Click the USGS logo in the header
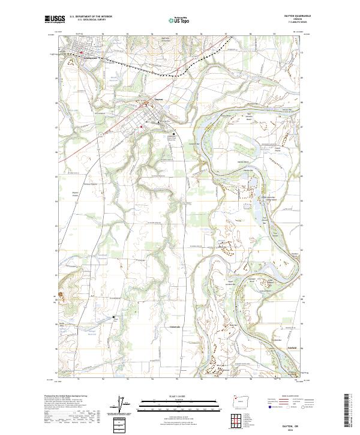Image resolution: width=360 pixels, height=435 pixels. point(55,19)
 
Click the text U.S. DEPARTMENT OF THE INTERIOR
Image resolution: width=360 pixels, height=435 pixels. point(91,16)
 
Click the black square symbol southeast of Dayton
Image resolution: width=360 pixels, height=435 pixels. point(175,134)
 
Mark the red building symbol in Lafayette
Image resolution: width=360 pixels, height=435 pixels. point(81,52)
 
